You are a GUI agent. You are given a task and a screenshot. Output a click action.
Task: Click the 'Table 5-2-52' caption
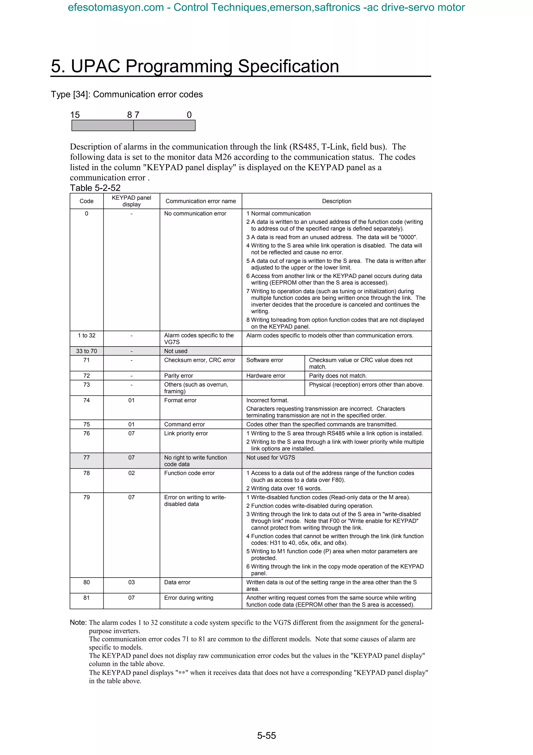95,188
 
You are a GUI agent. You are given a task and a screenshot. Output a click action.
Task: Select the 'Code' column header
86,201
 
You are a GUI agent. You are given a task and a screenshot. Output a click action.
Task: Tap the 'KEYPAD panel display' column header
131,201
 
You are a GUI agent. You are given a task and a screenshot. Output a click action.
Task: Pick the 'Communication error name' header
201,201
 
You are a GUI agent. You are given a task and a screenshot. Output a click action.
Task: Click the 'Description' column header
336,201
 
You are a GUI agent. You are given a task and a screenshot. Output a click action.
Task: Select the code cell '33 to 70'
86,351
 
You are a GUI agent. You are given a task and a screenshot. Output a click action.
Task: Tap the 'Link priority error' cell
186,434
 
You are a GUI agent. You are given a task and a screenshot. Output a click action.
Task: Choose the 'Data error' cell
177,582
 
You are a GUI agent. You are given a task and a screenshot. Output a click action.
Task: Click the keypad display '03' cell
131,582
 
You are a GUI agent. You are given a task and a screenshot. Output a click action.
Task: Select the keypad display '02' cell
131,473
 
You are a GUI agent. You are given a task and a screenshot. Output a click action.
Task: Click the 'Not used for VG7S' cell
271,457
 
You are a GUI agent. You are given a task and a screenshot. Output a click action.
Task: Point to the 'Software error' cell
265,360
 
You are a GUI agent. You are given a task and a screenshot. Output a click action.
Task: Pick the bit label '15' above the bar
75,115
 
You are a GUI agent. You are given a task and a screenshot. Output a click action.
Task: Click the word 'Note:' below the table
78,622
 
